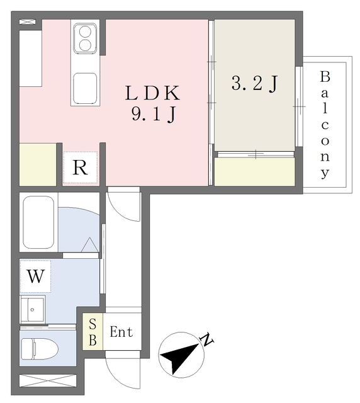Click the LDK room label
pyautogui.click(x=153, y=93)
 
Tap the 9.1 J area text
pyautogui.click(x=154, y=114)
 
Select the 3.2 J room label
pyautogui.click(x=254, y=83)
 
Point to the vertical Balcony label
pyautogui.click(x=325, y=125)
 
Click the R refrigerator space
pyautogui.click(x=80, y=167)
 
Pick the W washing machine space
pyautogui.click(x=35, y=276)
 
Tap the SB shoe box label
pyautogui.click(x=93, y=332)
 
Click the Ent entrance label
pyautogui.click(x=121, y=332)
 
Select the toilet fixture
pyautogui.click(x=40, y=349)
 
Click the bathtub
pyautogui.click(x=38, y=222)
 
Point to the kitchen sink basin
pyautogui.click(x=85, y=88)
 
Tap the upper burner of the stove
pyautogui.click(x=85, y=32)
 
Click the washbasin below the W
pyautogui.click(x=33, y=309)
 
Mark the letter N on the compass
pyautogui.click(x=207, y=339)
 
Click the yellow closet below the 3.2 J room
pyautogui.click(x=254, y=172)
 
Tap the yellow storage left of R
pyautogui.click(x=38, y=164)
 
